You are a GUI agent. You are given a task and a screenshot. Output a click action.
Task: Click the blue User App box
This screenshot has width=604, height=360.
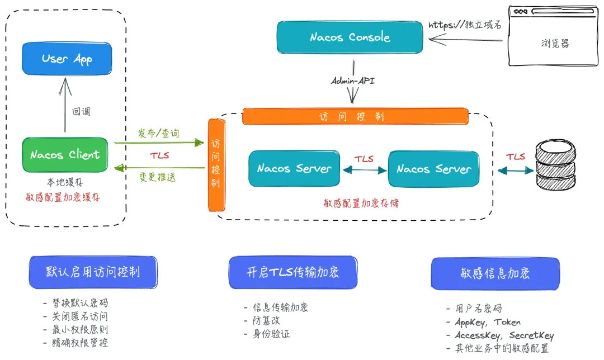[x=67, y=59]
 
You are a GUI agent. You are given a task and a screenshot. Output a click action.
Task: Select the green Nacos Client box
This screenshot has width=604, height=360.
[x=65, y=155]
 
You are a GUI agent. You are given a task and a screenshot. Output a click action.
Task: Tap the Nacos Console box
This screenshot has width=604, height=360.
[x=350, y=37]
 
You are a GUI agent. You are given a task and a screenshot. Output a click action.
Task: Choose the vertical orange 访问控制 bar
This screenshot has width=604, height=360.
[x=216, y=165]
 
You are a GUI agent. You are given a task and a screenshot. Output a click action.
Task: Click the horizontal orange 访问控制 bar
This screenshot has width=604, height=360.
[x=355, y=116]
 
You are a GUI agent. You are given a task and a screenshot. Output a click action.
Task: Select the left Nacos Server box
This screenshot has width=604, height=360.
[x=294, y=168]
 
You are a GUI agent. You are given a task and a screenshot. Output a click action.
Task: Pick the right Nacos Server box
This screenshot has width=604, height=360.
[x=433, y=169]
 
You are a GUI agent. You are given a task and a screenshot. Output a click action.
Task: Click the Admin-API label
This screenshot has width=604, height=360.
[x=353, y=81]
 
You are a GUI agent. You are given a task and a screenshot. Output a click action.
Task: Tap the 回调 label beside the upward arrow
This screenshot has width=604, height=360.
[x=81, y=112]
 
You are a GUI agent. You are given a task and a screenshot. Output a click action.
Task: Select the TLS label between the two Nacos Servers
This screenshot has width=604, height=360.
[x=364, y=159]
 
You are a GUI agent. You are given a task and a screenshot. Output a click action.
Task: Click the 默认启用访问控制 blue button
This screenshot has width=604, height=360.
[x=93, y=272]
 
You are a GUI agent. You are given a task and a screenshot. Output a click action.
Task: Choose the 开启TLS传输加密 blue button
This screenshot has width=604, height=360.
[x=292, y=272]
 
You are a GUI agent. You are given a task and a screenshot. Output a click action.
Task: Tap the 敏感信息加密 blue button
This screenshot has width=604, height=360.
[x=495, y=273]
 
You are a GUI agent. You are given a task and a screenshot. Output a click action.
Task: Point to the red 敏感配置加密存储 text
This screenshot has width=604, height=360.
[x=361, y=203]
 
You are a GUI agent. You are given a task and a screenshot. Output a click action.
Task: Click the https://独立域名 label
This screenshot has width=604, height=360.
[x=464, y=25]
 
